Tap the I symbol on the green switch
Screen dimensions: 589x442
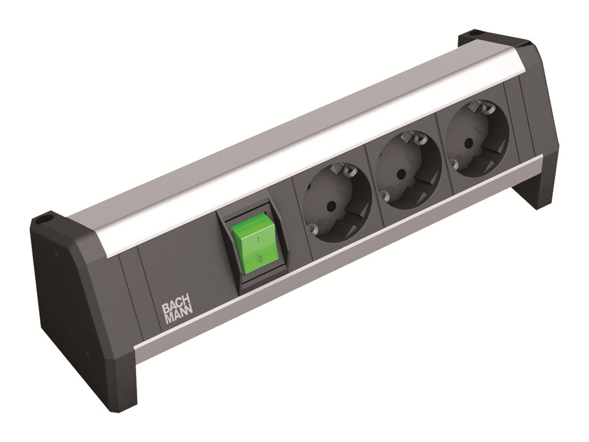tap(258, 239)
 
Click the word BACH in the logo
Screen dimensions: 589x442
tap(176, 308)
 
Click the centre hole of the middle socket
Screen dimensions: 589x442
tap(401, 174)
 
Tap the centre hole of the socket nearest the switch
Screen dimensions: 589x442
tap(331, 205)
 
